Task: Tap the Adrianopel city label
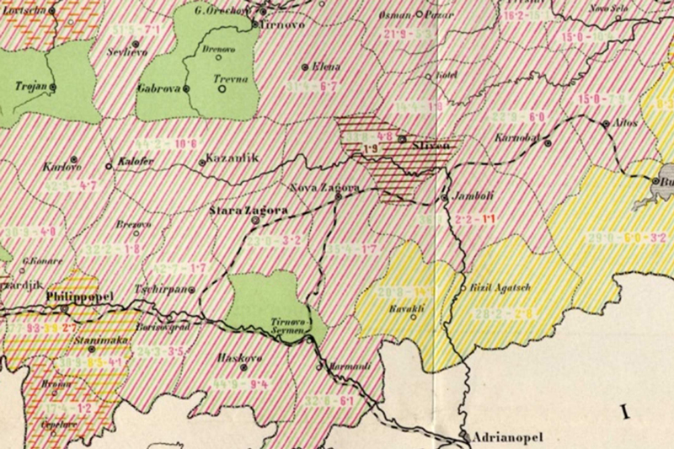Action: point(506,438)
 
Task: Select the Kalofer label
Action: point(134,160)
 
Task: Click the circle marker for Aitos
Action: point(606,124)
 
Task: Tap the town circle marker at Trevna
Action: point(220,88)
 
